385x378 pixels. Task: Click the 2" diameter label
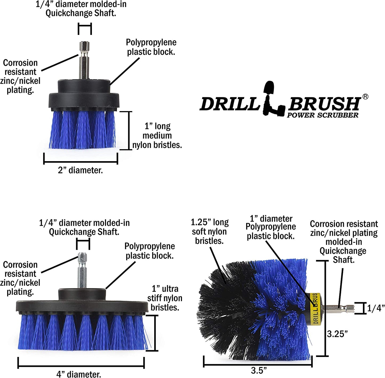tap(80, 170)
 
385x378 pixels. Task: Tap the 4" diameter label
tap(79, 374)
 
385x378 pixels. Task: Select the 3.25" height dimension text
tap(337, 334)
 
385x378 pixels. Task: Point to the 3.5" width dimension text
tap(259, 370)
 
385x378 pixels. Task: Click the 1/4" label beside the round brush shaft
tap(376, 308)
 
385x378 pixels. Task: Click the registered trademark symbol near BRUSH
tap(365, 97)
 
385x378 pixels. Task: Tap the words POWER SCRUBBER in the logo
tap(322, 115)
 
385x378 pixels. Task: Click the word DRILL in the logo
tap(229, 104)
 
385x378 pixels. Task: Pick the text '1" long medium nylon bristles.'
tap(157, 136)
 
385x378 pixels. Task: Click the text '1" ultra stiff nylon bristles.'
tap(165, 298)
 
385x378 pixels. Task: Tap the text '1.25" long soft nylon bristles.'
tap(210, 231)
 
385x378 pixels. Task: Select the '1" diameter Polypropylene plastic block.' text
tap(271, 227)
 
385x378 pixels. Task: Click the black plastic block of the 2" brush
tap(84, 96)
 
